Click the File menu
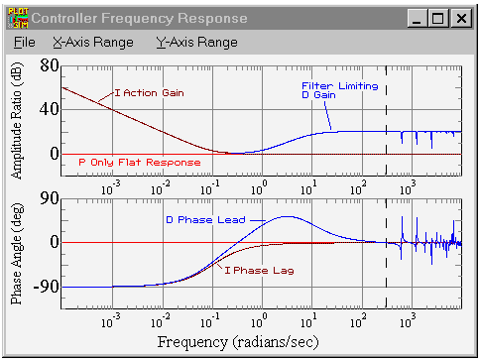pos(25,43)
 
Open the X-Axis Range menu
pos(93,43)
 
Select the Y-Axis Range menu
pos(197,43)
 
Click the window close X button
pos(461,18)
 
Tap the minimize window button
pos(418,18)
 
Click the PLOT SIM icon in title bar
pos(18,18)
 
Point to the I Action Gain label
pos(149,93)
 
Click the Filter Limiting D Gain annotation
pos(340,90)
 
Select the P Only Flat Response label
pos(140,163)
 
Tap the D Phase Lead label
pos(205,220)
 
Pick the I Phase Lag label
pos(259,271)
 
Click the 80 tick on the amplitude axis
pos(50,65)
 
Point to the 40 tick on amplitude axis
pos(50,109)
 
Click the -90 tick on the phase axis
pos(47,287)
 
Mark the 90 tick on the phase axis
pos(50,198)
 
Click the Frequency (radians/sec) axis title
pos(238,342)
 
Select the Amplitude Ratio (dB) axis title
pos(17,121)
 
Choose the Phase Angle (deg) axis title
pos(17,254)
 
